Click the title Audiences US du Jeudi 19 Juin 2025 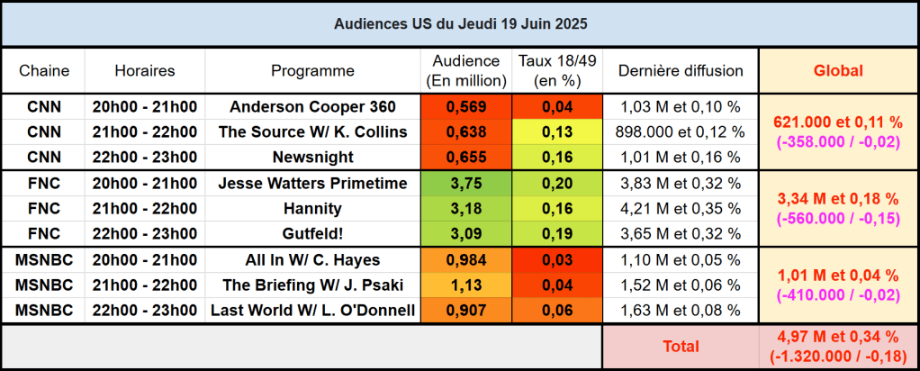pos(459,22)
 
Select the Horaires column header pos(145,70)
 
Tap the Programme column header pos(312,70)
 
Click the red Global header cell pos(838,70)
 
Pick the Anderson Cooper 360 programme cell pos(312,106)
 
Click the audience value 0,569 pos(466,106)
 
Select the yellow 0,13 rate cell pos(558,131)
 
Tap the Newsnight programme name pos(312,158)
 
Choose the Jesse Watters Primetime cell pos(312,184)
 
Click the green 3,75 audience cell pos(466,184)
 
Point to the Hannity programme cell pos(312,209)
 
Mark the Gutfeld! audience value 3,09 pos(466,234)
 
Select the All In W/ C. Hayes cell pos(312,260)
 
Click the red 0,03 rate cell pos(558,260)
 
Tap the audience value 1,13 pos(466,285)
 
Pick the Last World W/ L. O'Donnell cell pos(312,312)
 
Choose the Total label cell pos(680,346)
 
